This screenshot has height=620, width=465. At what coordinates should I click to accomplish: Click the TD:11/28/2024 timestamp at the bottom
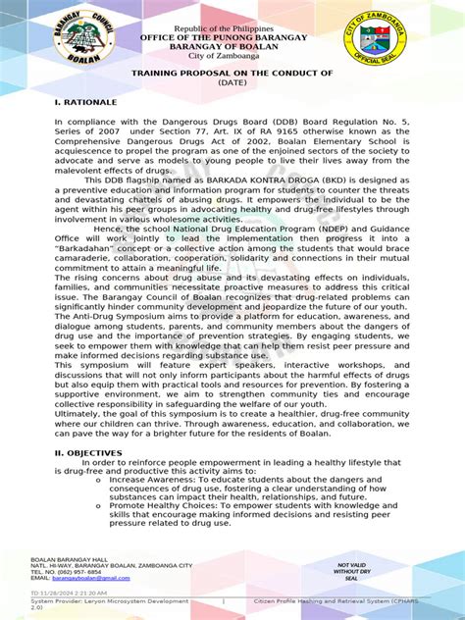click(69, 594)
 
